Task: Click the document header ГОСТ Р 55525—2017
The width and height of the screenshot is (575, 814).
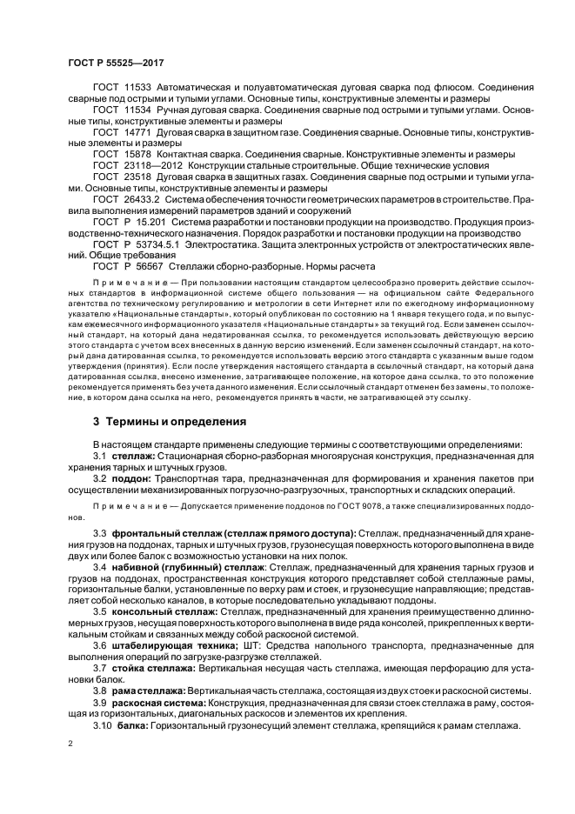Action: click(117, 63)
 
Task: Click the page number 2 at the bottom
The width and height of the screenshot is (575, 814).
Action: click(70, 744)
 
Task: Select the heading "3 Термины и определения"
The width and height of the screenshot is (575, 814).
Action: click(170, 422)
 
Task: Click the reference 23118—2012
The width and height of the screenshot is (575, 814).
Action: click(154, 164)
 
